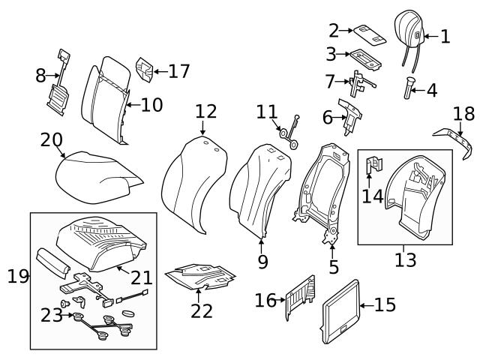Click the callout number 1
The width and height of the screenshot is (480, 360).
(445, 36)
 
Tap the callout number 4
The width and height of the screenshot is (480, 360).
(431, 91)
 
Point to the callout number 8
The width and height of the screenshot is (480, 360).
(41, 75)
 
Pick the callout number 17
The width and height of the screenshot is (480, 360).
(178, 71)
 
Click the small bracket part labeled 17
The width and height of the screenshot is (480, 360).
(145, 70)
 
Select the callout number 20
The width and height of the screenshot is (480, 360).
(52, 140)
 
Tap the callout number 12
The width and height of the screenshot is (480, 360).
(205, 112)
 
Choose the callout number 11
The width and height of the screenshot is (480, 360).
(266, 112)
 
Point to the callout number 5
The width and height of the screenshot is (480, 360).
(333, 265)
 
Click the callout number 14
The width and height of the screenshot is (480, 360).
(373, 196)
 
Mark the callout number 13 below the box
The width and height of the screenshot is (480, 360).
(405, 260)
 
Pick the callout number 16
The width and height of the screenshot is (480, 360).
(265, 301)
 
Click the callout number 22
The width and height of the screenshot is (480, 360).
(201, 310)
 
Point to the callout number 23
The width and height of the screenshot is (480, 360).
(52, 315)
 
